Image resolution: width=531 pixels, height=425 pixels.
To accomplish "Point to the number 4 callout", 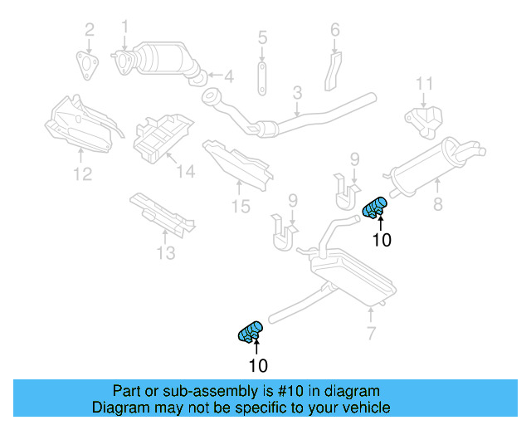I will [x=228, y=76].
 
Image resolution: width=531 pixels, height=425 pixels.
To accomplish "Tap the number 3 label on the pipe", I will [x=296, y=107].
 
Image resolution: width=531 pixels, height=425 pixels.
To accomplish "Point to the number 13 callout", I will [x=166, y=252].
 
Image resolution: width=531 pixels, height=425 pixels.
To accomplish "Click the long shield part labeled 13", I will [x=161, y=213].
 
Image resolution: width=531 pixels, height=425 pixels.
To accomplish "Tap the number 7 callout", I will [x=370, y=334].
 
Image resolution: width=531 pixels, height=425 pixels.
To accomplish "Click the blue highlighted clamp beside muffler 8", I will [x=376, y=208].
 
